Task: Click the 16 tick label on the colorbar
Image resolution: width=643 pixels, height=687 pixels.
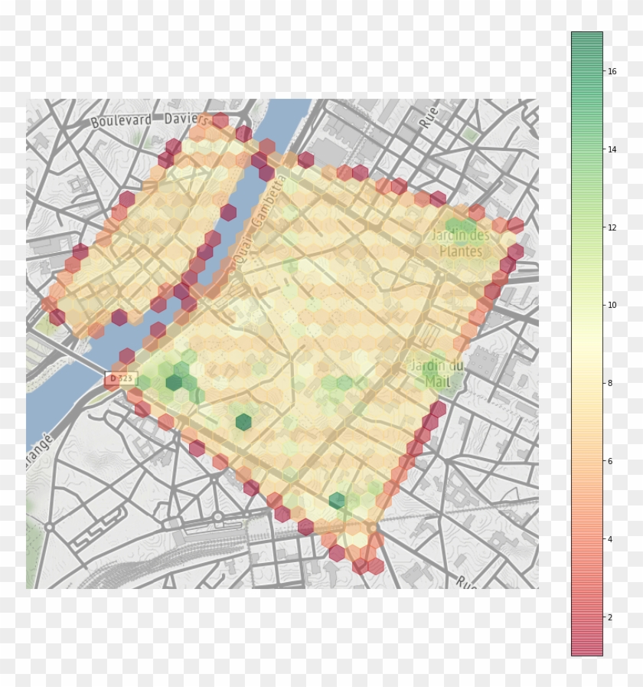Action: (x=612, y=71)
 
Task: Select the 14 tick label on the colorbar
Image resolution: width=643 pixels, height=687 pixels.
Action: (x=612, y=149)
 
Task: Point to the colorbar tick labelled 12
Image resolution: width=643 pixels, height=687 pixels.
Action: (x=612, y=227)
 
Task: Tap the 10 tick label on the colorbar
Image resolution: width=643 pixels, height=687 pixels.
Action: (x=612, y=305)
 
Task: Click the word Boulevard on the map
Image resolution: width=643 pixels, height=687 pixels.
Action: (x=121, y=121)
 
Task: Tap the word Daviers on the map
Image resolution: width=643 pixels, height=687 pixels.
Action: (x=185, y=119)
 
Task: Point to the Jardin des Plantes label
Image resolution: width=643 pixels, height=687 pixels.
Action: (x=461, y=243)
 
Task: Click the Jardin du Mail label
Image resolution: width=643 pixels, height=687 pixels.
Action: (x=437, y=373)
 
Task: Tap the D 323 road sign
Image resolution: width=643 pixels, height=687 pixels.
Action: (x=121, y=378)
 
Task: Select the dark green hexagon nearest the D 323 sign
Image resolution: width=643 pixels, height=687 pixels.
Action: (x=175, y=382)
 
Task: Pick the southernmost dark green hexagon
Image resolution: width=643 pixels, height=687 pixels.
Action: (x=337, y=501)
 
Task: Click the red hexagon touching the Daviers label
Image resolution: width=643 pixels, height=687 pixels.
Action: (x=220, y=120)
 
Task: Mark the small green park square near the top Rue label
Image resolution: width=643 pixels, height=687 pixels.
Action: (x=470, y=134)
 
